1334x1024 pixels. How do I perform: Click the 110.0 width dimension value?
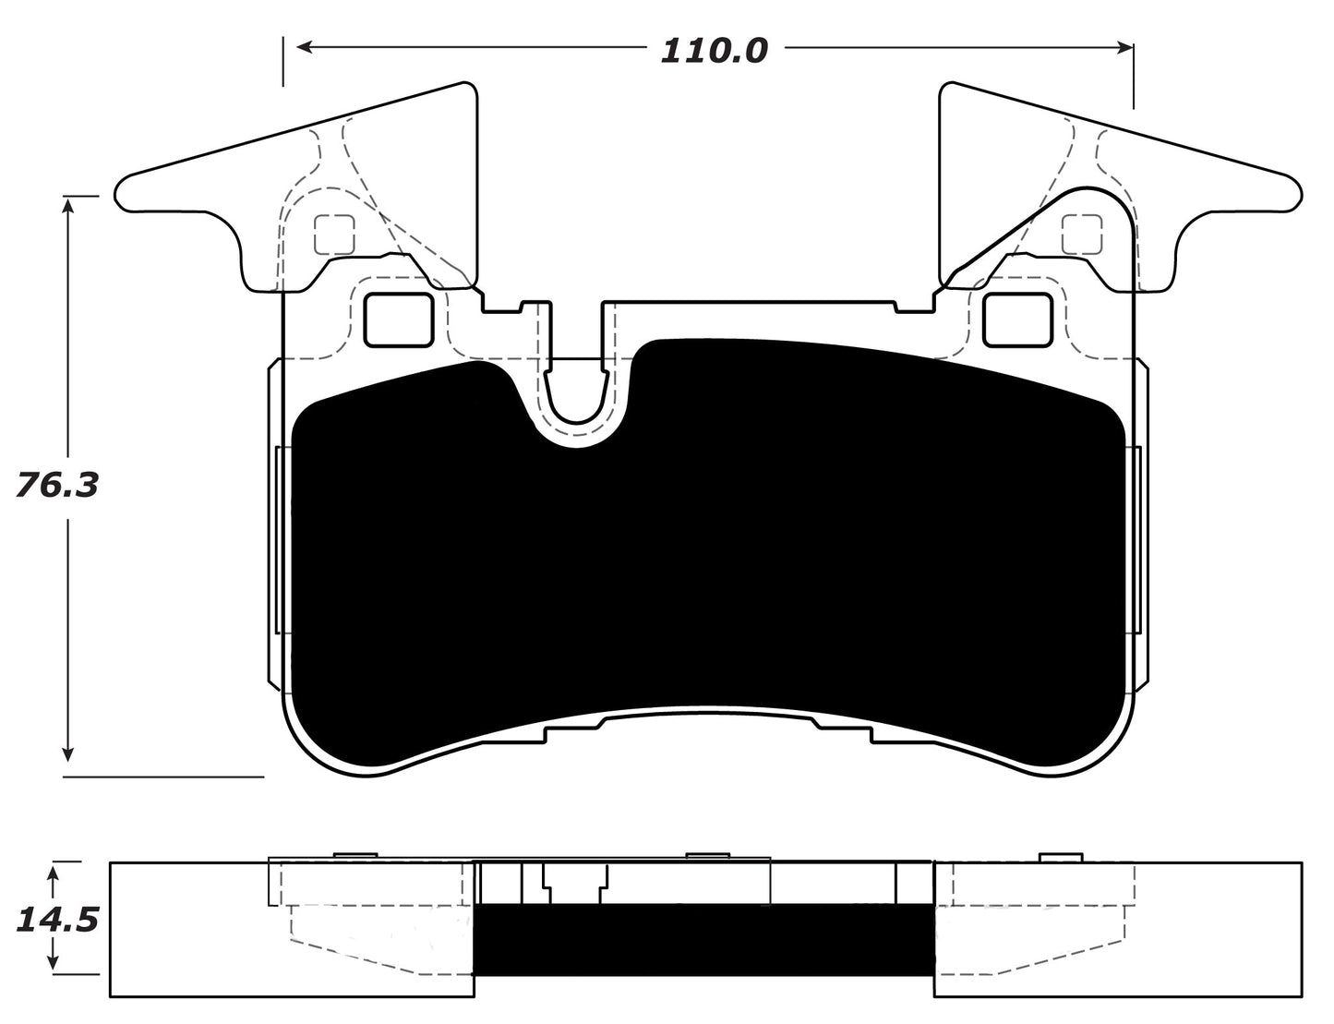(x=714, y=50)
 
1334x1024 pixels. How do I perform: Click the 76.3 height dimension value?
(x=56, y=485)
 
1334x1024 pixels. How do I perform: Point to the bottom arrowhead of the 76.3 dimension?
(x=66, y=753)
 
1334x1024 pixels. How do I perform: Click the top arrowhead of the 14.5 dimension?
(x=54, y=870)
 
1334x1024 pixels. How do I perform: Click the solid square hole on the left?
(x=400, y=319)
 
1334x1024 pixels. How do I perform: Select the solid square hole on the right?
(x=1017, y=319)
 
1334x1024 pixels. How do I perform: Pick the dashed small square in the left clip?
(x=334, y=235)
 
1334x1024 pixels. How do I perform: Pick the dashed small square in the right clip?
(x=1082, y=235)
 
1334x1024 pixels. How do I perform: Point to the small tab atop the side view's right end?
(x=1061, y=857)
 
